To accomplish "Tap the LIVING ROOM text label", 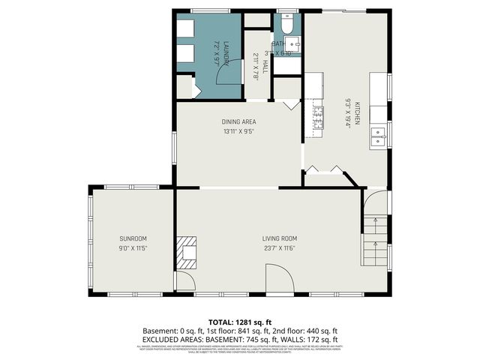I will click(279, 238).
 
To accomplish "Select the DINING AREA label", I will click(238, 121).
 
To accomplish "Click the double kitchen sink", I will click(378, 136).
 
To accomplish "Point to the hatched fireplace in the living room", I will click(187, 252).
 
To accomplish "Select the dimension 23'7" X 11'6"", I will click(279, 248).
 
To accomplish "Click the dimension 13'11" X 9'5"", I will click(238, 131).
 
